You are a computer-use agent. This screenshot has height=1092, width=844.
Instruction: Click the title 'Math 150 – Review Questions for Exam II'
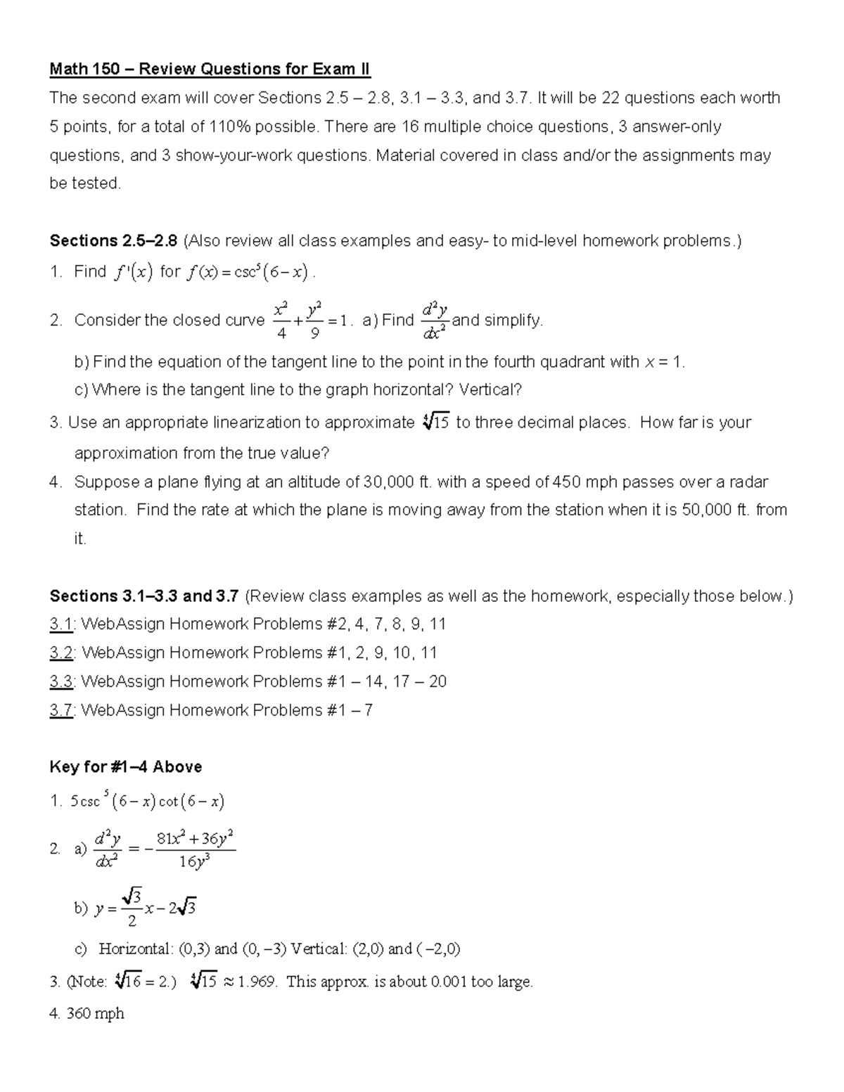[210, 69]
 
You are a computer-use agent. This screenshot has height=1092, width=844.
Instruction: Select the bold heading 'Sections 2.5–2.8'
[113, 241]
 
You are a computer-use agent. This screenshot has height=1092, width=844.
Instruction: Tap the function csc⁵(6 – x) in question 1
[269, 272]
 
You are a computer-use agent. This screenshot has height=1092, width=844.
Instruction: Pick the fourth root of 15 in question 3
[436, 423]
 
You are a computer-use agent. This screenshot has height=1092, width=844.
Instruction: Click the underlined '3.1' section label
[61, 624]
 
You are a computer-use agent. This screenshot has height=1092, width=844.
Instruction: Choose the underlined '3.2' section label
[61, 653]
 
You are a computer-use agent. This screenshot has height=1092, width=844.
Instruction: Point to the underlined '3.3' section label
[61, 682]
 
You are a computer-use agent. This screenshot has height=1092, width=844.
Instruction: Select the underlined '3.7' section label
[61, 711]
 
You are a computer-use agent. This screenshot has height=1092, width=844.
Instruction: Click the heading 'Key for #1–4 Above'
[126, 767]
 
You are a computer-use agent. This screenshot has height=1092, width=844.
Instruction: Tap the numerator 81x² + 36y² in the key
[195, 839]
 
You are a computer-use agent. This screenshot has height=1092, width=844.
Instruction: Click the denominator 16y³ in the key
[195, 862]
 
